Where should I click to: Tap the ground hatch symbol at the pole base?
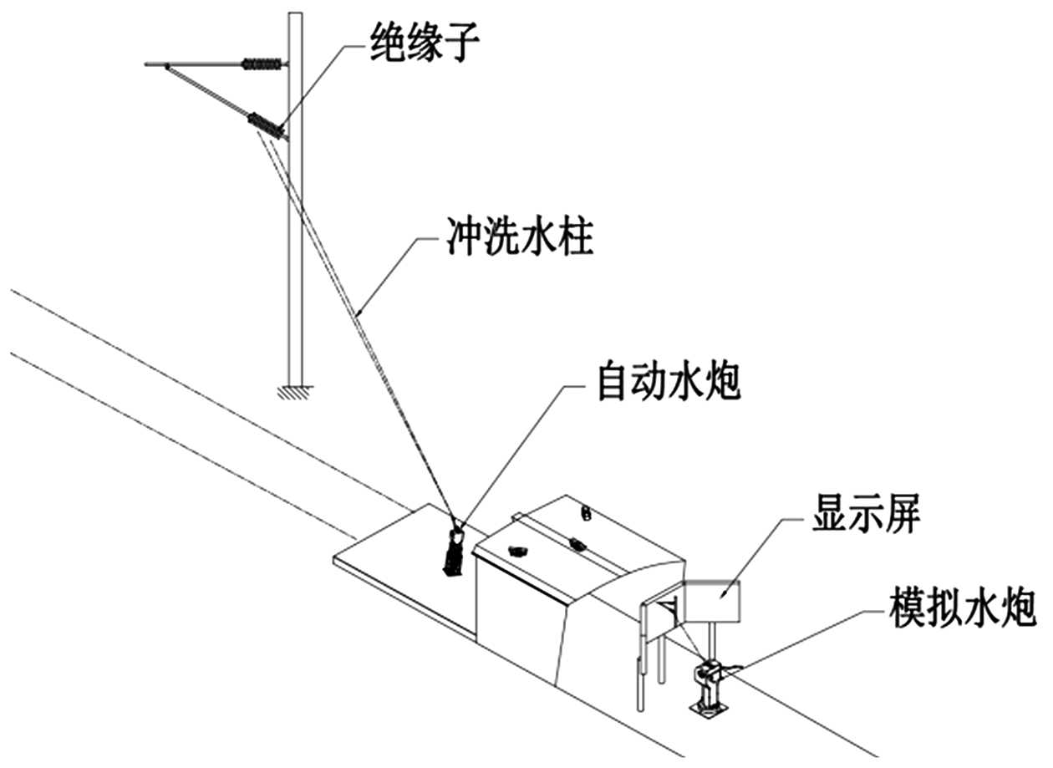(294, 388)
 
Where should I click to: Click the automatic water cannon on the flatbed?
(455, 550)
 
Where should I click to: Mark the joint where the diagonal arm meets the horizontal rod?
(168, 64)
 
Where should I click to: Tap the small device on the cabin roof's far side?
(587, 511)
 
